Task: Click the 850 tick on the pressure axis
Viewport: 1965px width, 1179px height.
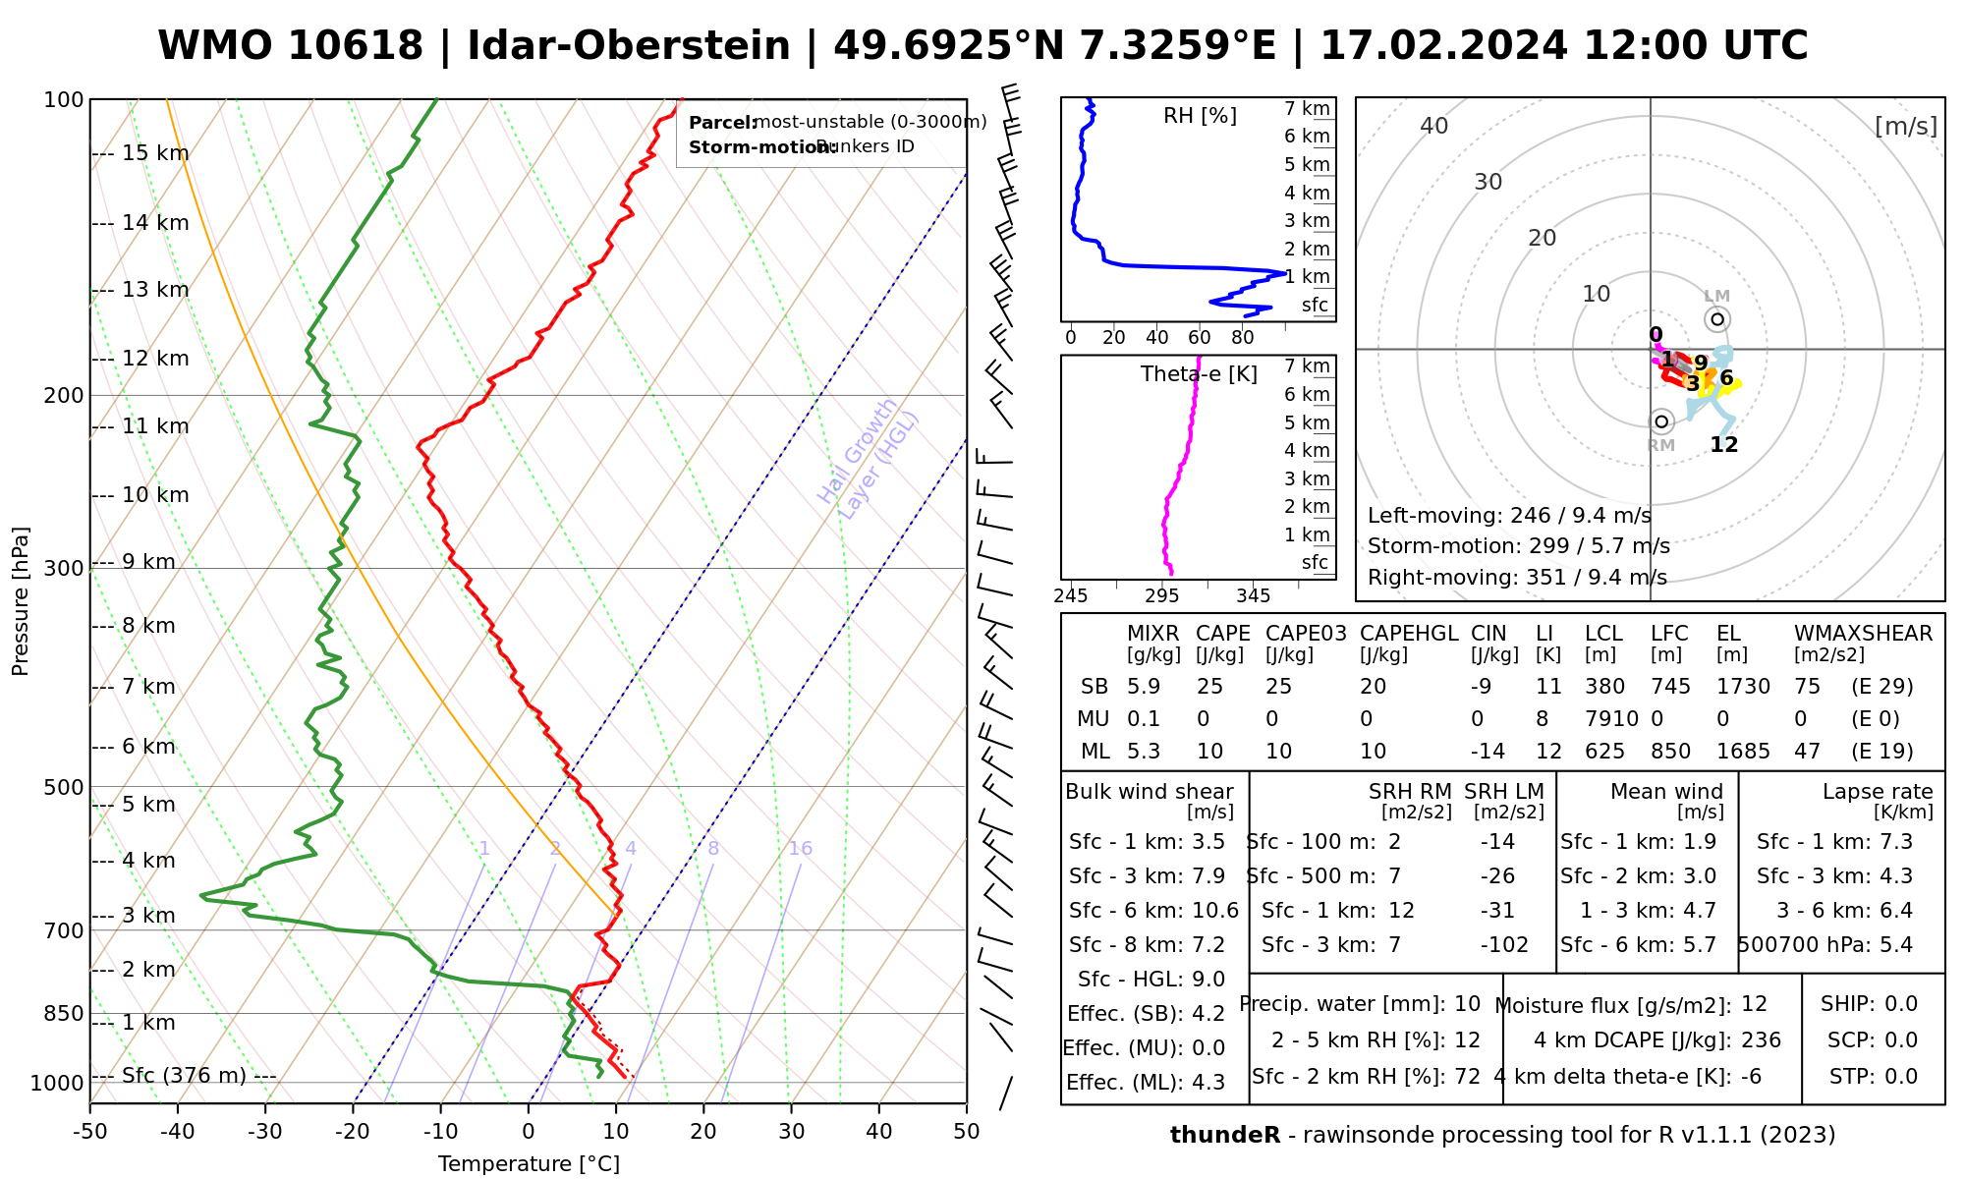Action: point(65,1013)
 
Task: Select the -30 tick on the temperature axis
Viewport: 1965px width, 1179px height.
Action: point(265,1132)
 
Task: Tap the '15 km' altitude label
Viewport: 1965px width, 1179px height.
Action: point(155,153)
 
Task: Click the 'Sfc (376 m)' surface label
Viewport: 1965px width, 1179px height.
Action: point(184,1076)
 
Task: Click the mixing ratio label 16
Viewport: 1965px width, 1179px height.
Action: point(800,849)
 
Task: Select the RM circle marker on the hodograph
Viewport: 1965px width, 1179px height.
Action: point(1661,422)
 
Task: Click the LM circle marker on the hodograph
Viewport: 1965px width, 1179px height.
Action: point(1716,319)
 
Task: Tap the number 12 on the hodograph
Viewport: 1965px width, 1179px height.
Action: point(1723,445)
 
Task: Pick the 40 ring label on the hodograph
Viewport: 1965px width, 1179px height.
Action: point(1434,126)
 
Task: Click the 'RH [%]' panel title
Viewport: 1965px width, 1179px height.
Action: point(1200,116)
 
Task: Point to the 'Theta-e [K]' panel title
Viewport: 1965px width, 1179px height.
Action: point(1199,374)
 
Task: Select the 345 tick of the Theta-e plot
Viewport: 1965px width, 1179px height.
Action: point(1253,596)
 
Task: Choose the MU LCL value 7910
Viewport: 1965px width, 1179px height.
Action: point(1611,719)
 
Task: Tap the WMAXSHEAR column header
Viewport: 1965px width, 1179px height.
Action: point(1863,634)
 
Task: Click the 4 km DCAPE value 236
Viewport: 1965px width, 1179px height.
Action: point(1761,1040)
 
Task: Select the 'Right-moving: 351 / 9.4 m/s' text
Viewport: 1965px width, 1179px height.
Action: point(1517,578)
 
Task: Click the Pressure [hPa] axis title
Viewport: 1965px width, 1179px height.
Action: point(21,601)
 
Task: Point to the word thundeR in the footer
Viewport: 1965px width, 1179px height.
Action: point(1224,1136)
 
